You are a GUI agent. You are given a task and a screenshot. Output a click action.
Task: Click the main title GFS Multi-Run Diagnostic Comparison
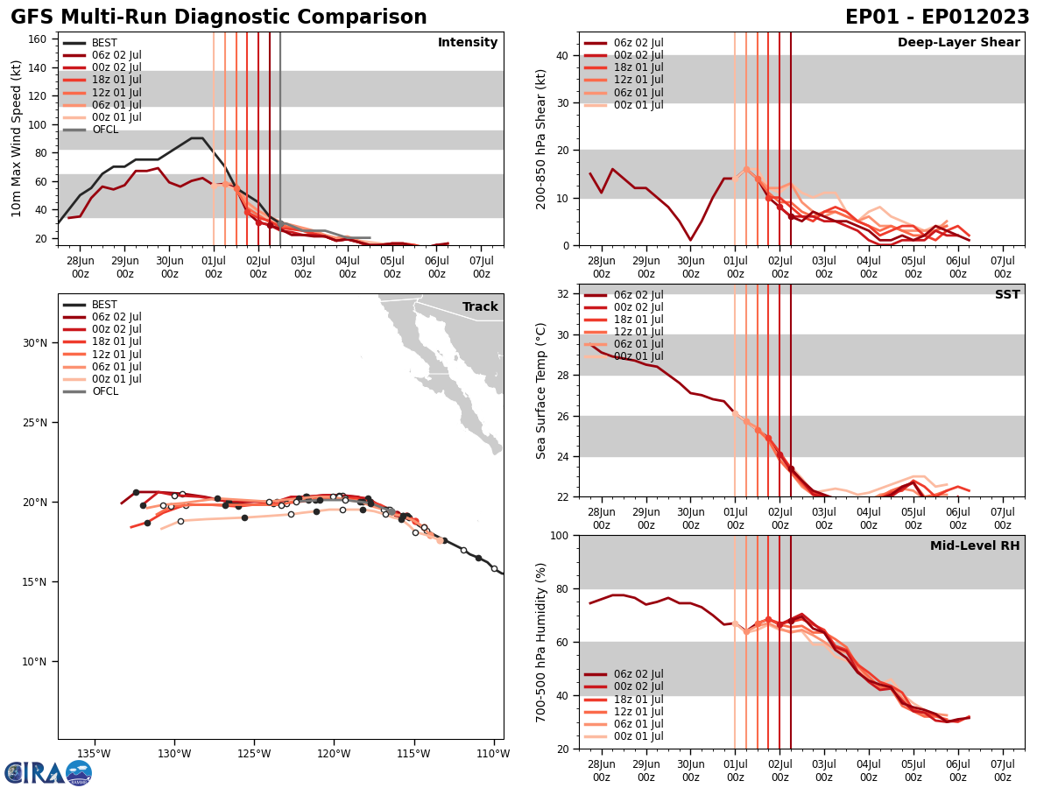point(219,18)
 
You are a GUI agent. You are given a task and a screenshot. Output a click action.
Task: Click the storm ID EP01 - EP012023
point(937,18)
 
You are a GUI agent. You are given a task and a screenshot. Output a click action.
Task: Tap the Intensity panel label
point(468,43)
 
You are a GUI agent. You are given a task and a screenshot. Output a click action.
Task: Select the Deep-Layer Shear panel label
point(958,43)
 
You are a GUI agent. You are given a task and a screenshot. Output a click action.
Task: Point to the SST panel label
point(1007,295)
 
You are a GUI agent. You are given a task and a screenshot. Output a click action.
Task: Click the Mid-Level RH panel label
point(975,546)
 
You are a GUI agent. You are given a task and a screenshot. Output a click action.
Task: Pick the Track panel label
point(480,307)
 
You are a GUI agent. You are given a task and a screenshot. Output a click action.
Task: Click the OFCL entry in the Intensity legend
point(105,130)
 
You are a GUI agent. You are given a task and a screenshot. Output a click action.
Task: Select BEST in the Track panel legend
point(104,305)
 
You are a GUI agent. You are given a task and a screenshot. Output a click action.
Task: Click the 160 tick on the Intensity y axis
point(39,39)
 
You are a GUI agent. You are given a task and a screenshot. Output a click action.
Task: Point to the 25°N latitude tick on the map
point(35,422)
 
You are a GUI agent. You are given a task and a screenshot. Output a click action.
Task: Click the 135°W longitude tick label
point(94,755)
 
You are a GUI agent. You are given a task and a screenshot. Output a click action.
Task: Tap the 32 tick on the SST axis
point(562,293)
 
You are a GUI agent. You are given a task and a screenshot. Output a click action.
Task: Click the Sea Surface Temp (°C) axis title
point(541,390)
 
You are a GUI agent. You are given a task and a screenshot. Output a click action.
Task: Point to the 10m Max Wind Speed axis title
point(17,138)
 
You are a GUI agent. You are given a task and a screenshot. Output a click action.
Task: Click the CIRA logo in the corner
point(48,772)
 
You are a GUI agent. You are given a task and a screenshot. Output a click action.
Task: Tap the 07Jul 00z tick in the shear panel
point(1002,266)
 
